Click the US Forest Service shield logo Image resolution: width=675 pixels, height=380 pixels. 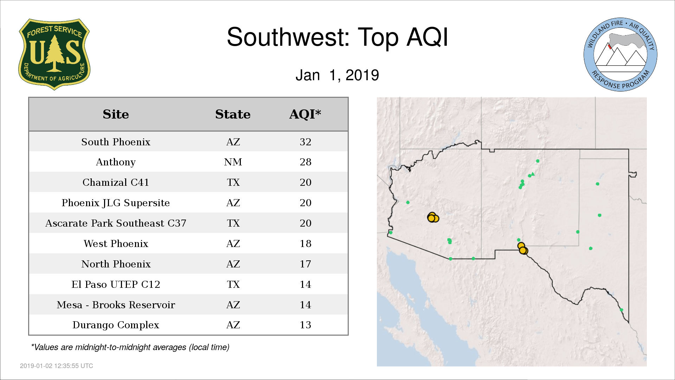[54, 55]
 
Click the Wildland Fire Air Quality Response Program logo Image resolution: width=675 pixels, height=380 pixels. [621, 55]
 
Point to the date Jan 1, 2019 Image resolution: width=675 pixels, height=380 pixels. [337, 75]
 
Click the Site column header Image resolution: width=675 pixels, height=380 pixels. [116, 114]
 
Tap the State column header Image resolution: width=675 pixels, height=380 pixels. [233, 114]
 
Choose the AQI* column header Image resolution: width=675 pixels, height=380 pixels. [305, 114]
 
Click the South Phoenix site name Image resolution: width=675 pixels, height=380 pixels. [116, 142]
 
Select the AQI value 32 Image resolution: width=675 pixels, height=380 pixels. [306, 142]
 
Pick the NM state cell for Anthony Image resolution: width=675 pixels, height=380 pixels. [233, 162]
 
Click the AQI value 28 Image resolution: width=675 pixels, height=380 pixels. [306, 162]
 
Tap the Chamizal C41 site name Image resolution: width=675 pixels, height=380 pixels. [116, 182]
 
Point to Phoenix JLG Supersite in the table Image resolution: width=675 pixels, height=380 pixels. [116, 203]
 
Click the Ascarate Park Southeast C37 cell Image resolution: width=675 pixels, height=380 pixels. [116, 223]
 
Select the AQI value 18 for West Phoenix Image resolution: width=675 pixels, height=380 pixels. [306, 243]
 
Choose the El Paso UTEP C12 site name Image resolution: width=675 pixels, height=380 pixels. [116, 284]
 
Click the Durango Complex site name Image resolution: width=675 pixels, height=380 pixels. [116, 325]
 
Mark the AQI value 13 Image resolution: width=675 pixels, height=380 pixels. [306, 325]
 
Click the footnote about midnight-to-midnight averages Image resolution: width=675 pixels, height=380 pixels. [130, 347]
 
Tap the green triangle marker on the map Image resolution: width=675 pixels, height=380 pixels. [533, 174]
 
